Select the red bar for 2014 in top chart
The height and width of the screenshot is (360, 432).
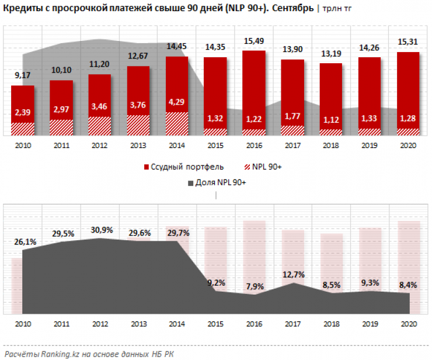coord(177,82)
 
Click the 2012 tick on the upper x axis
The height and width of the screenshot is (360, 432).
coord(99,144)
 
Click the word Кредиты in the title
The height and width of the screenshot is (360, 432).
coord(21,8)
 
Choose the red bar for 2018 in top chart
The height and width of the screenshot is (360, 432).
coord(331,94)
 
